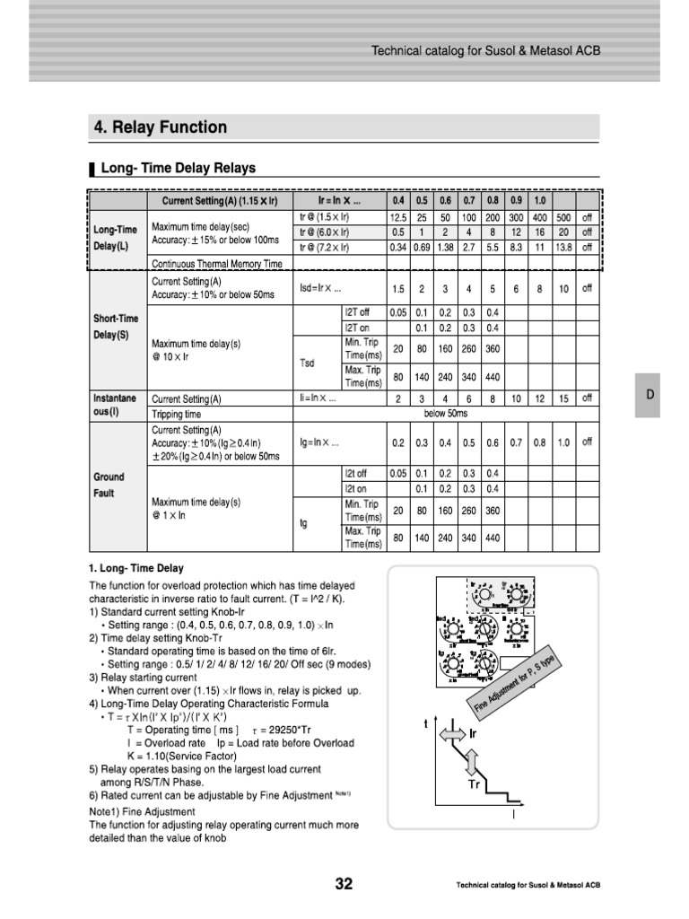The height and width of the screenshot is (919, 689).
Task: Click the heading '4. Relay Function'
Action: [161, 127]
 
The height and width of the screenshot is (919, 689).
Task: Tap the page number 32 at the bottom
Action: [344, 884]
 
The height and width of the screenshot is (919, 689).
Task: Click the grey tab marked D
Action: [652, 395]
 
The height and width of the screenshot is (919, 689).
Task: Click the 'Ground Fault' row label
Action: [109, 485]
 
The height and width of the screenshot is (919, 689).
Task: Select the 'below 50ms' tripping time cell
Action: [451, 415]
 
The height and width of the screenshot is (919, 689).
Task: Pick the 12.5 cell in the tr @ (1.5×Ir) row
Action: [398, 217]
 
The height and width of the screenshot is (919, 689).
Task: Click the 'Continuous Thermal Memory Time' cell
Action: [217, 264]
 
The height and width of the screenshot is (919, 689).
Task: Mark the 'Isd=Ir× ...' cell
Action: [320, 289]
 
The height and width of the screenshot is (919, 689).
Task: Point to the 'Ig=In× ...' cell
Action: [319, 442]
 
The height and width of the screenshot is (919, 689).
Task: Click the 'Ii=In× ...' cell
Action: [318, 398]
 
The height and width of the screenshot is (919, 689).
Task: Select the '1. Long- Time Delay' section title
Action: [135, 568]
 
